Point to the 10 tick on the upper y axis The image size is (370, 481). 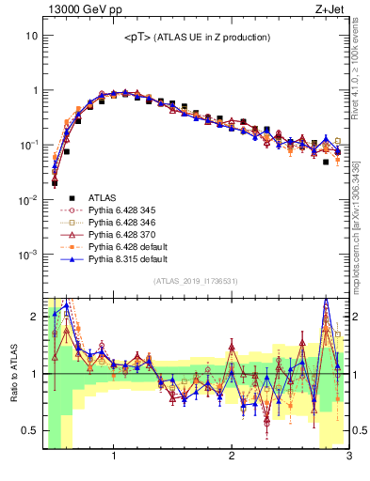[x=30, y=36]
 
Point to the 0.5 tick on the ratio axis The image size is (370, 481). [x=27, y=430]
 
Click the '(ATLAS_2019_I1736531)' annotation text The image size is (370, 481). [x=196, y=282]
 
